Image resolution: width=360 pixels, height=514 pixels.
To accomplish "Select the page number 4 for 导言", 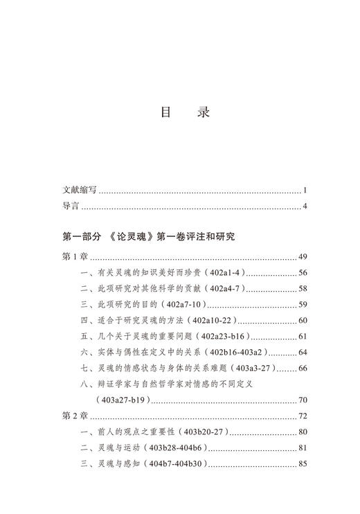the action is (x=305, y=206).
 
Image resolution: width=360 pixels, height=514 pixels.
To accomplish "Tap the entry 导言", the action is (x=71, y=206).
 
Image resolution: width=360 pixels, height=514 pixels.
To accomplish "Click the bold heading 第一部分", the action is (x=82, y=237).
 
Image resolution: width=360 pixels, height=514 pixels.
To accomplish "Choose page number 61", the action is (x=302, y=336).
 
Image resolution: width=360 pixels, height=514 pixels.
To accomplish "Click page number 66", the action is (x=302, y=368).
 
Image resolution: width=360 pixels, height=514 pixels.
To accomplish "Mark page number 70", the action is (x=302, y=400).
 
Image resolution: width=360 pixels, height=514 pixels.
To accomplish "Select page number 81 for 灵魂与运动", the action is (x=302, y=447).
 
